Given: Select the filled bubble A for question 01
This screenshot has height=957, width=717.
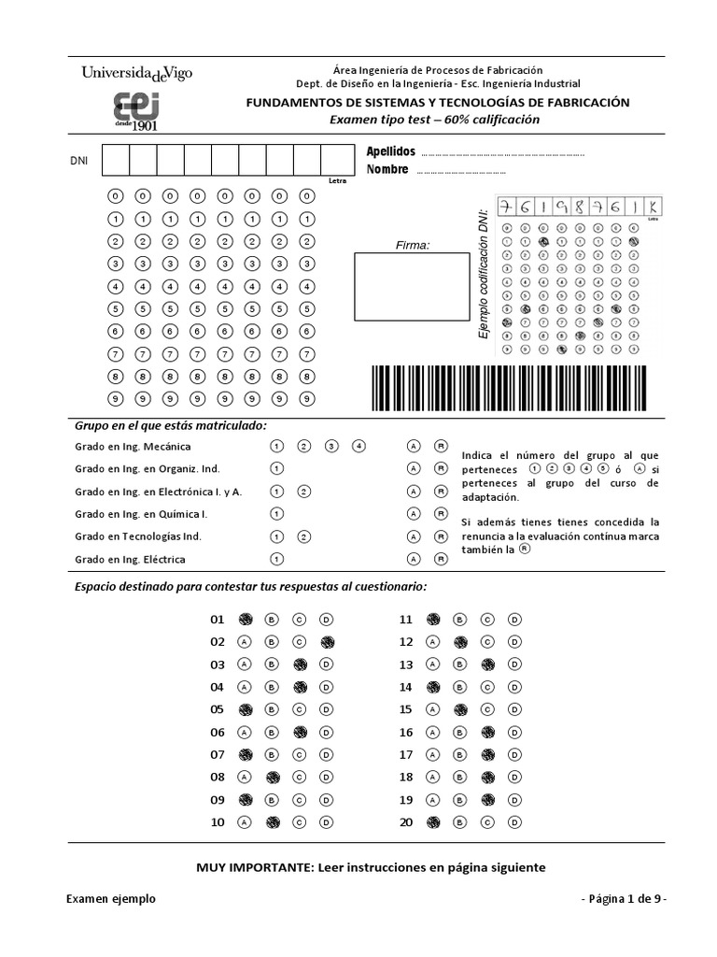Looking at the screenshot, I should point(246,619).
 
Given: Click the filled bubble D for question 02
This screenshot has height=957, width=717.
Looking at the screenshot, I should point(327,642).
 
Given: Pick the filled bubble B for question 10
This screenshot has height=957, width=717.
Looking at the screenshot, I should point(273,822).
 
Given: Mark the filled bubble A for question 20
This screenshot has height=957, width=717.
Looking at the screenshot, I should point(433,822).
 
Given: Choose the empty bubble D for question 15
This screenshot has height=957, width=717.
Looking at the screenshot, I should point(514,709).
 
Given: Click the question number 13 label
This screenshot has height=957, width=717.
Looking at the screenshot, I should point(405,664).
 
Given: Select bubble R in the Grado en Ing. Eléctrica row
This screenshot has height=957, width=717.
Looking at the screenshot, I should point(441,559).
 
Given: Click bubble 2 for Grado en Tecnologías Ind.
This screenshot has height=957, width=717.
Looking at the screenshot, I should point(303,536).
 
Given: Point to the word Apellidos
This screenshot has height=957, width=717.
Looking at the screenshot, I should point(390,151).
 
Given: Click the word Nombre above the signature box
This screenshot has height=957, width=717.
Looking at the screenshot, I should point(387,169).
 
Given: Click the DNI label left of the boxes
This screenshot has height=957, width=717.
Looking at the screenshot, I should point(79,161).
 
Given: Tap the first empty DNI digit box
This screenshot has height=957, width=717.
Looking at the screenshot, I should point(115,161).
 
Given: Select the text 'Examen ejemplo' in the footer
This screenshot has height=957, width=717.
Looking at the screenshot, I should point(111,898).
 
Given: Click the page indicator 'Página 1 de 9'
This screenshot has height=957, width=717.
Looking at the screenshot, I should point(624,898).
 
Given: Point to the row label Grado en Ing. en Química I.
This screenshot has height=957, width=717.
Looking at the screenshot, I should point(141,514).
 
